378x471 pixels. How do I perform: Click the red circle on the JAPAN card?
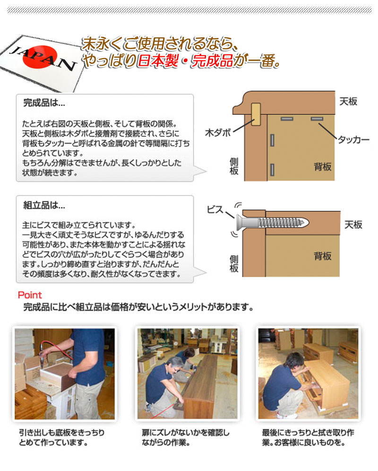pyautogui.click(x=45, y=56)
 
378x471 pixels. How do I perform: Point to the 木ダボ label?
pyautogui.click(x=218, y=132)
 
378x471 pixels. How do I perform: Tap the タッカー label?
pyautogui.click(x=353, y=140)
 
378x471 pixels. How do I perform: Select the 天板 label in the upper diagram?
pyautogui.click(x=348, y=101)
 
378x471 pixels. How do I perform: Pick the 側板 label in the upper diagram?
pyautogui.click(x=233, y=166)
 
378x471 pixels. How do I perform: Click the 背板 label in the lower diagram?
pyautogui.click(x=323, y=256)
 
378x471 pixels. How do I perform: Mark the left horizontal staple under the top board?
pyautogui.click(x=287, y=118)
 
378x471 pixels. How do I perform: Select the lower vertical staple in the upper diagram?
pyautogui.click(x=273, y=169)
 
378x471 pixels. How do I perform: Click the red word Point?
pyautogui.click(x=29, y=296)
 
